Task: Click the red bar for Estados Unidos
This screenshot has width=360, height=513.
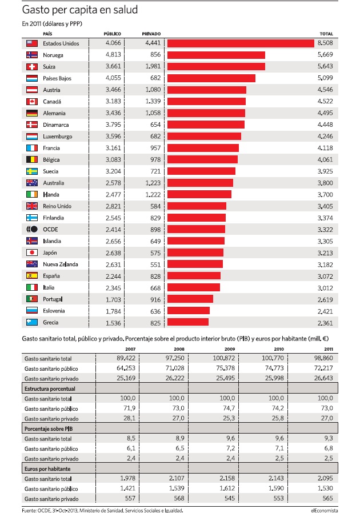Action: (x=241, y=43)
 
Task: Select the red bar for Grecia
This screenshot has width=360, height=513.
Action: (x=188, y=322)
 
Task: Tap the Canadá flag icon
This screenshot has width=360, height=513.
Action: (x=32, y=102)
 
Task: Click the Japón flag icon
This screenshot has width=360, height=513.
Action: (x=32, y=253)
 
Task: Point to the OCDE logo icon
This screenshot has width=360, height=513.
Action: (x=32, y=229)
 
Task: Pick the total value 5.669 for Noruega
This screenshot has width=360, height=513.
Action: (x=325, y=55)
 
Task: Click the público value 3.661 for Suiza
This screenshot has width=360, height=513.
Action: (x=113, y=66)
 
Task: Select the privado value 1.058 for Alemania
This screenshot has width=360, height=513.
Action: (x=153, y=113)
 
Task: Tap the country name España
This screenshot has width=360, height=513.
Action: (x=51, y=276)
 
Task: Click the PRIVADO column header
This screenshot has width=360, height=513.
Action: (x=151, y=34)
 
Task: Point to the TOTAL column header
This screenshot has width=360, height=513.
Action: (x=326, y=34)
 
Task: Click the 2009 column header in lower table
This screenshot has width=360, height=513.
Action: (x=230, y=349)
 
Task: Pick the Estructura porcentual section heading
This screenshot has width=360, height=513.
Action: (x=50, y=388)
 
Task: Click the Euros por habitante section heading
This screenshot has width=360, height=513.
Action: (x=47, y=468)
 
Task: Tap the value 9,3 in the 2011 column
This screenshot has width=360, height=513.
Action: (x=329, y=438)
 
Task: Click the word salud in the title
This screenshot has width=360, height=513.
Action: (x=125, y=10)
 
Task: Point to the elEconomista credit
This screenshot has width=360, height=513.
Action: (x=325, y=510)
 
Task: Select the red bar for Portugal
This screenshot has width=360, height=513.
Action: (x=190, y=299)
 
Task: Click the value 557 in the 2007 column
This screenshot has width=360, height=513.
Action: (x=130, y=498)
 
